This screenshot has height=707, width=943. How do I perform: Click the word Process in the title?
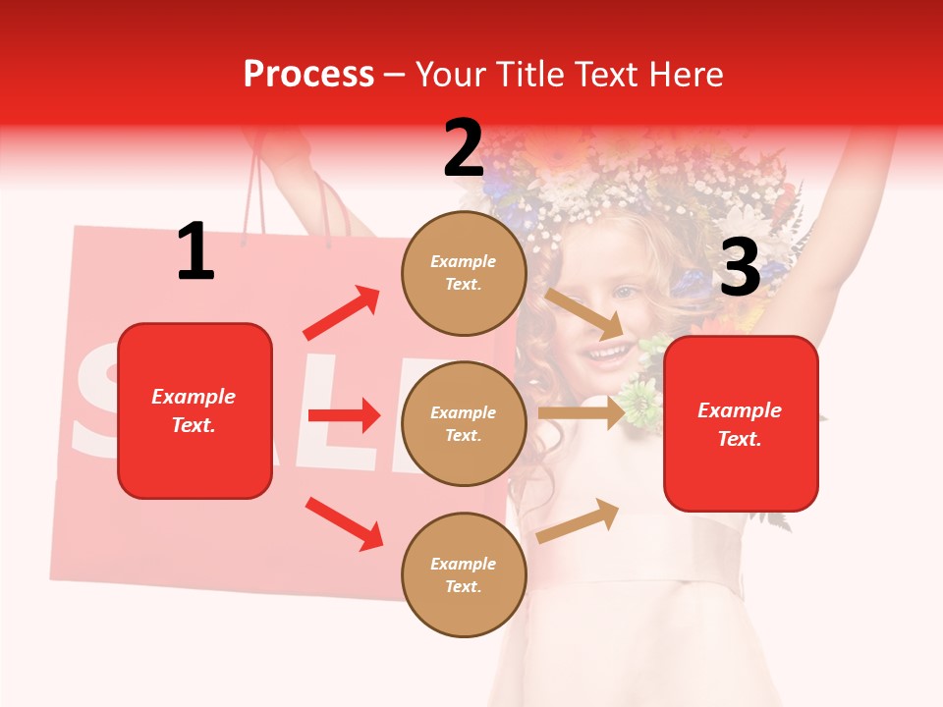[x=308, y=74]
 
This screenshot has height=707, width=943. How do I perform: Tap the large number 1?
[x=195, y=252]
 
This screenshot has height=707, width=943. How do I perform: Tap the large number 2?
[x=463, y=148]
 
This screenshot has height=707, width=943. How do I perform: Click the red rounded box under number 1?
[x=194, y=410]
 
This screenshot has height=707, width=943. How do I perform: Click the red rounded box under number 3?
[x=741, y=424]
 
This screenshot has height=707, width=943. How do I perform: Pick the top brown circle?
[x=463, y=273]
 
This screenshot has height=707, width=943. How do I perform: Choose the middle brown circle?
[x=463, y=424]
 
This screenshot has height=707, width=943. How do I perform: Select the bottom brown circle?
[x=463, y=575]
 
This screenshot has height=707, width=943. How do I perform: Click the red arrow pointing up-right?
[x=342, y=313]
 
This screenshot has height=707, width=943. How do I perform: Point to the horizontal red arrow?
[x=344, y=415]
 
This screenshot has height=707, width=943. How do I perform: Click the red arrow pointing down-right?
[x=344, y=523]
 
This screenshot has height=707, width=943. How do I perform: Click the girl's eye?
[x=626, y=292]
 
